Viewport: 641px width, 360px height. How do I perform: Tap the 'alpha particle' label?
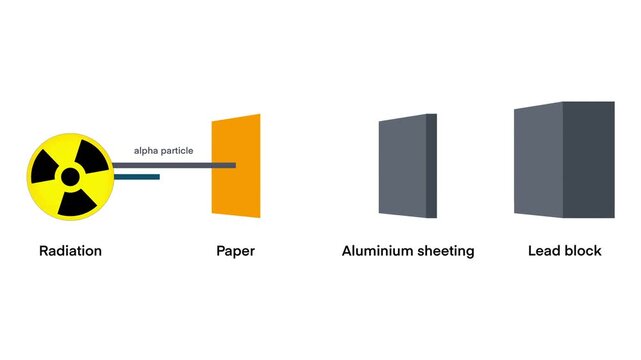[164, 151]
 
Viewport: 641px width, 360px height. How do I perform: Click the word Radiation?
[70, 251]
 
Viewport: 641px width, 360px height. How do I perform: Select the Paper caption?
[235, 251]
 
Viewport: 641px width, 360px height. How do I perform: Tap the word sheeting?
[442, 251]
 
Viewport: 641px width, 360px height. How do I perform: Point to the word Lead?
[544, 251]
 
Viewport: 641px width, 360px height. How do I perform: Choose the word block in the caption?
[583, 251]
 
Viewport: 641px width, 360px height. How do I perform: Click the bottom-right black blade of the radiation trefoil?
[78, 202]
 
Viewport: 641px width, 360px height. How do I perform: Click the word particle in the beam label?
[177, 151]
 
